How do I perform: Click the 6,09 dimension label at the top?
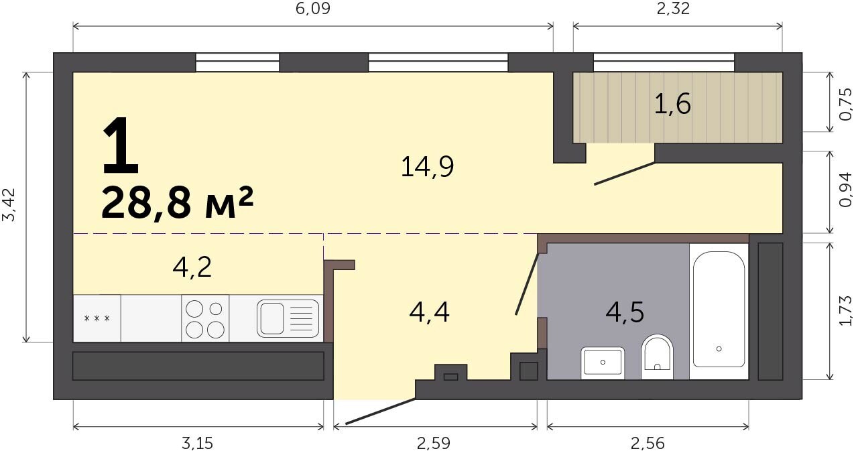312,9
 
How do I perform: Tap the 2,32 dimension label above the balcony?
673,9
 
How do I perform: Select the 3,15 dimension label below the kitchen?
197,444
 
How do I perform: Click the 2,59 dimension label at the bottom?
433,444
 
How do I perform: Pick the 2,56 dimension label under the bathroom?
648,444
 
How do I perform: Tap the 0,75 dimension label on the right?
846,104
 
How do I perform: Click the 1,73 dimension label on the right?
846,310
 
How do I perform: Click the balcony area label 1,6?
672,105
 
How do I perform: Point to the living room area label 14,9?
427,167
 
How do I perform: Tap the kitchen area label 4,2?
192,268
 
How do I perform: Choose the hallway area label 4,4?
429,312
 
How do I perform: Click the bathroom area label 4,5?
625,312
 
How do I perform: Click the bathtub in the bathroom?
719,310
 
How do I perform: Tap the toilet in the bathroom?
658,357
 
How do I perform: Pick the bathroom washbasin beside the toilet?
603,363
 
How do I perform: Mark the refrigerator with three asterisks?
97,318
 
